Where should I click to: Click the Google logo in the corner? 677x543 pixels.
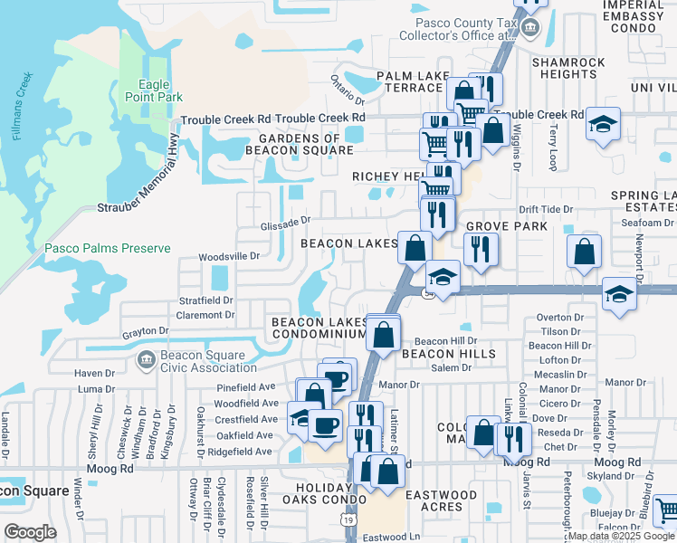(30, 532)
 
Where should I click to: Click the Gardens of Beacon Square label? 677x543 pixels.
(287, 144)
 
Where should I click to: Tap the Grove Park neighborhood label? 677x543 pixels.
(506, 225)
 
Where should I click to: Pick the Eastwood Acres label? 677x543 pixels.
(441, 501)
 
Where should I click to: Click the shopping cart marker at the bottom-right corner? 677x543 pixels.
(666, 510)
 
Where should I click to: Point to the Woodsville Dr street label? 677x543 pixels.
(229, 256)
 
